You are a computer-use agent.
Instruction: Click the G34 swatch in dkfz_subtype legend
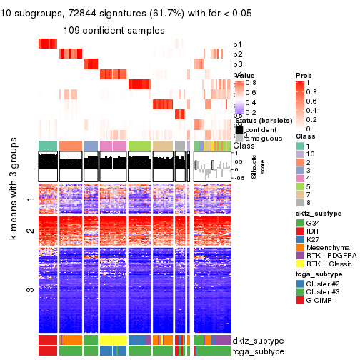[300, 223]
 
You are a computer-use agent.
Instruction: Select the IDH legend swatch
[300, 233]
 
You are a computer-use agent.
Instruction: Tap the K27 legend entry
[300, 243]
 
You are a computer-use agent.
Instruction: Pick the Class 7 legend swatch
[300, 193]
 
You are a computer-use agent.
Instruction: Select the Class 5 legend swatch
[300, 183]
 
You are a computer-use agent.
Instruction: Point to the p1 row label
[238, 44]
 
